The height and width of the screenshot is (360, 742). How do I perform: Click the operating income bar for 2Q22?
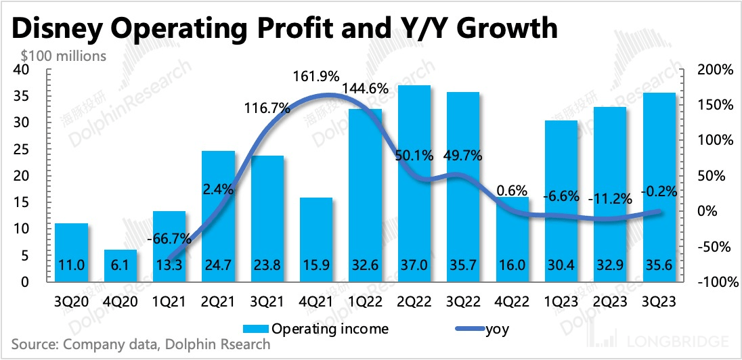click(414, 183)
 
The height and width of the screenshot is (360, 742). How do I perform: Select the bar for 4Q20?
click(121, 265)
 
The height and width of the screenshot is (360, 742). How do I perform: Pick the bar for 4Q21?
click(316, 239)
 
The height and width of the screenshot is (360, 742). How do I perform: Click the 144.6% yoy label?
click(365, 88)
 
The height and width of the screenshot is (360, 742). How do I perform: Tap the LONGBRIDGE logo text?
click(686, 342)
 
